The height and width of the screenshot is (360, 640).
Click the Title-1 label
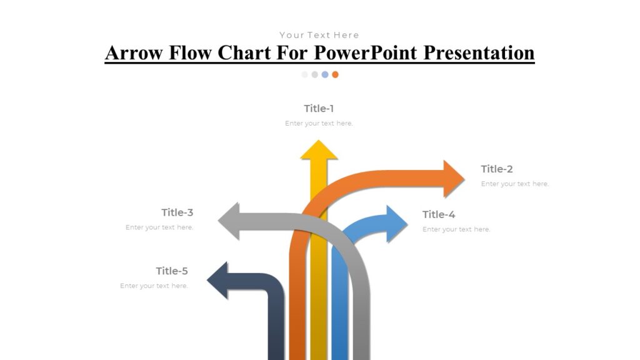click(319, 109)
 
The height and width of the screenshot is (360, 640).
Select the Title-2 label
click(497, 169)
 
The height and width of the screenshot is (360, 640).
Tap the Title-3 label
click(177, 212)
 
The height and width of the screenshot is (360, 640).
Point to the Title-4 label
click(439, 215)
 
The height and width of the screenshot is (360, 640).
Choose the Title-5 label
click(172, 271)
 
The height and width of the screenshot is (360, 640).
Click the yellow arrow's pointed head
click(319, 151)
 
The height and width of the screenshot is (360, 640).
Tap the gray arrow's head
click(229, 221)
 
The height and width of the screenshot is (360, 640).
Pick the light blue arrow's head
click(396, 223)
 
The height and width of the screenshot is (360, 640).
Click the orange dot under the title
click(336, 74)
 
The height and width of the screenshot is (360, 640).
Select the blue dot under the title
click(325, 74)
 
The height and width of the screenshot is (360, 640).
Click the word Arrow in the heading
click(134, 52)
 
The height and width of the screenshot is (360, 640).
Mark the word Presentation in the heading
click(479, 52)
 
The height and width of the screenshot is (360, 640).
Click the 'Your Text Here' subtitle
click(319, 35)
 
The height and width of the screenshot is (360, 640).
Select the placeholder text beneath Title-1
click(319, 124)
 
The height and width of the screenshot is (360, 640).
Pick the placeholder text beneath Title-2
click(515, 184)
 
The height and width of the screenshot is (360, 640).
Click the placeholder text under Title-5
click(154, 286)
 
